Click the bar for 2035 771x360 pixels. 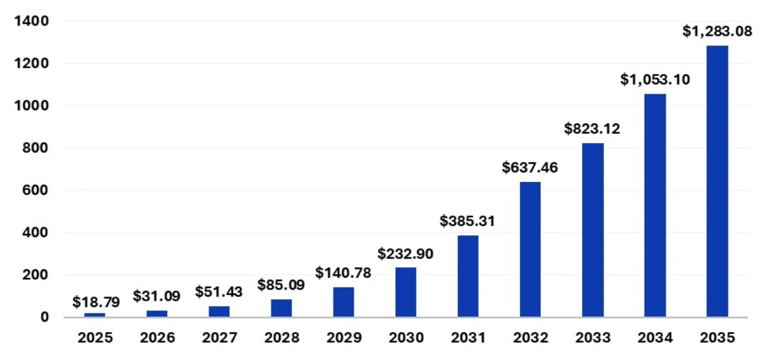click(x=717, y=181)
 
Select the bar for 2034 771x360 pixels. click(x=654, y=205)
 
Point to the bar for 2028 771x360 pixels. click(x=281, y=308)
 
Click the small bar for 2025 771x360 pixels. click(x=95, y=315)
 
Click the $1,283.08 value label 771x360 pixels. click(x=717, y=31)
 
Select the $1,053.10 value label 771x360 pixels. click(x=654, y=80)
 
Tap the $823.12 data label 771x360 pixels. click(x=592, y=128)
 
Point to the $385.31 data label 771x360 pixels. click(x=467, y=221)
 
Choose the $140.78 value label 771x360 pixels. click(x=343, y=273)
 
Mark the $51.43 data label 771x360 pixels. click(x=219, y=292)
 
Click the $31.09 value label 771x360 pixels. click(x=157, y=296)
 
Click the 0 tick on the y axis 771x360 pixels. click(x=45, y=317)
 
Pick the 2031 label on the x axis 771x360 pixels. click(x=467, y=338)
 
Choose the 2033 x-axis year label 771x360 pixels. click(x=592, y=338)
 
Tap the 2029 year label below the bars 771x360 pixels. click(x=343, y=338)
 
